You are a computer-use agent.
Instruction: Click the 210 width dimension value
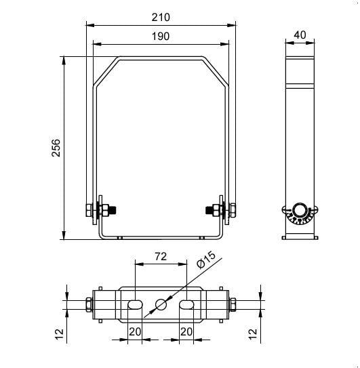pyautogui.click(x=161, y=18)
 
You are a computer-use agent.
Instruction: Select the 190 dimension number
pyautogui.click(x=161, y=37)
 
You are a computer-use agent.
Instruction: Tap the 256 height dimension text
pyautogui.click(x=56, y=148)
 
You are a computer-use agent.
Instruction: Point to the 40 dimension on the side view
pyautogui.click(x=300, y=35)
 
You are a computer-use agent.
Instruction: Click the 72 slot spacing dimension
pyautogui.click(x=161, y=257)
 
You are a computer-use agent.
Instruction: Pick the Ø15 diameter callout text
pyautogui.click(x=206, y=260)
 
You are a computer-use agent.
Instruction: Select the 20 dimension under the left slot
pyautogui.click(x=135, y=332)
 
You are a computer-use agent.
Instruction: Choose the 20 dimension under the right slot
pyautogui.click(x=186, y=332)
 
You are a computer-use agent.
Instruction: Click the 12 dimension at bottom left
pyautogui.click(x=60, y=334)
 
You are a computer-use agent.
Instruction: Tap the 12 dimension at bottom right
pyautogui.click(x=253, y=334)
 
